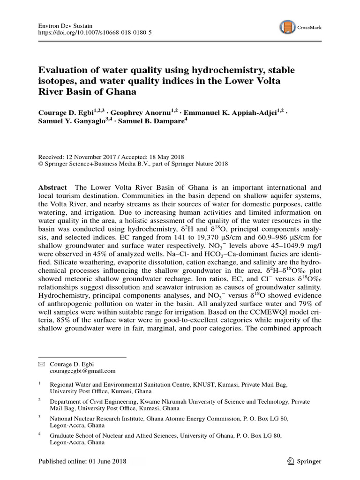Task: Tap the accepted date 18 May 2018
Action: click(166, 157)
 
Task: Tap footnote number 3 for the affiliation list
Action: click(40, 416)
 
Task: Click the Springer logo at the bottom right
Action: click(305, 461)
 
